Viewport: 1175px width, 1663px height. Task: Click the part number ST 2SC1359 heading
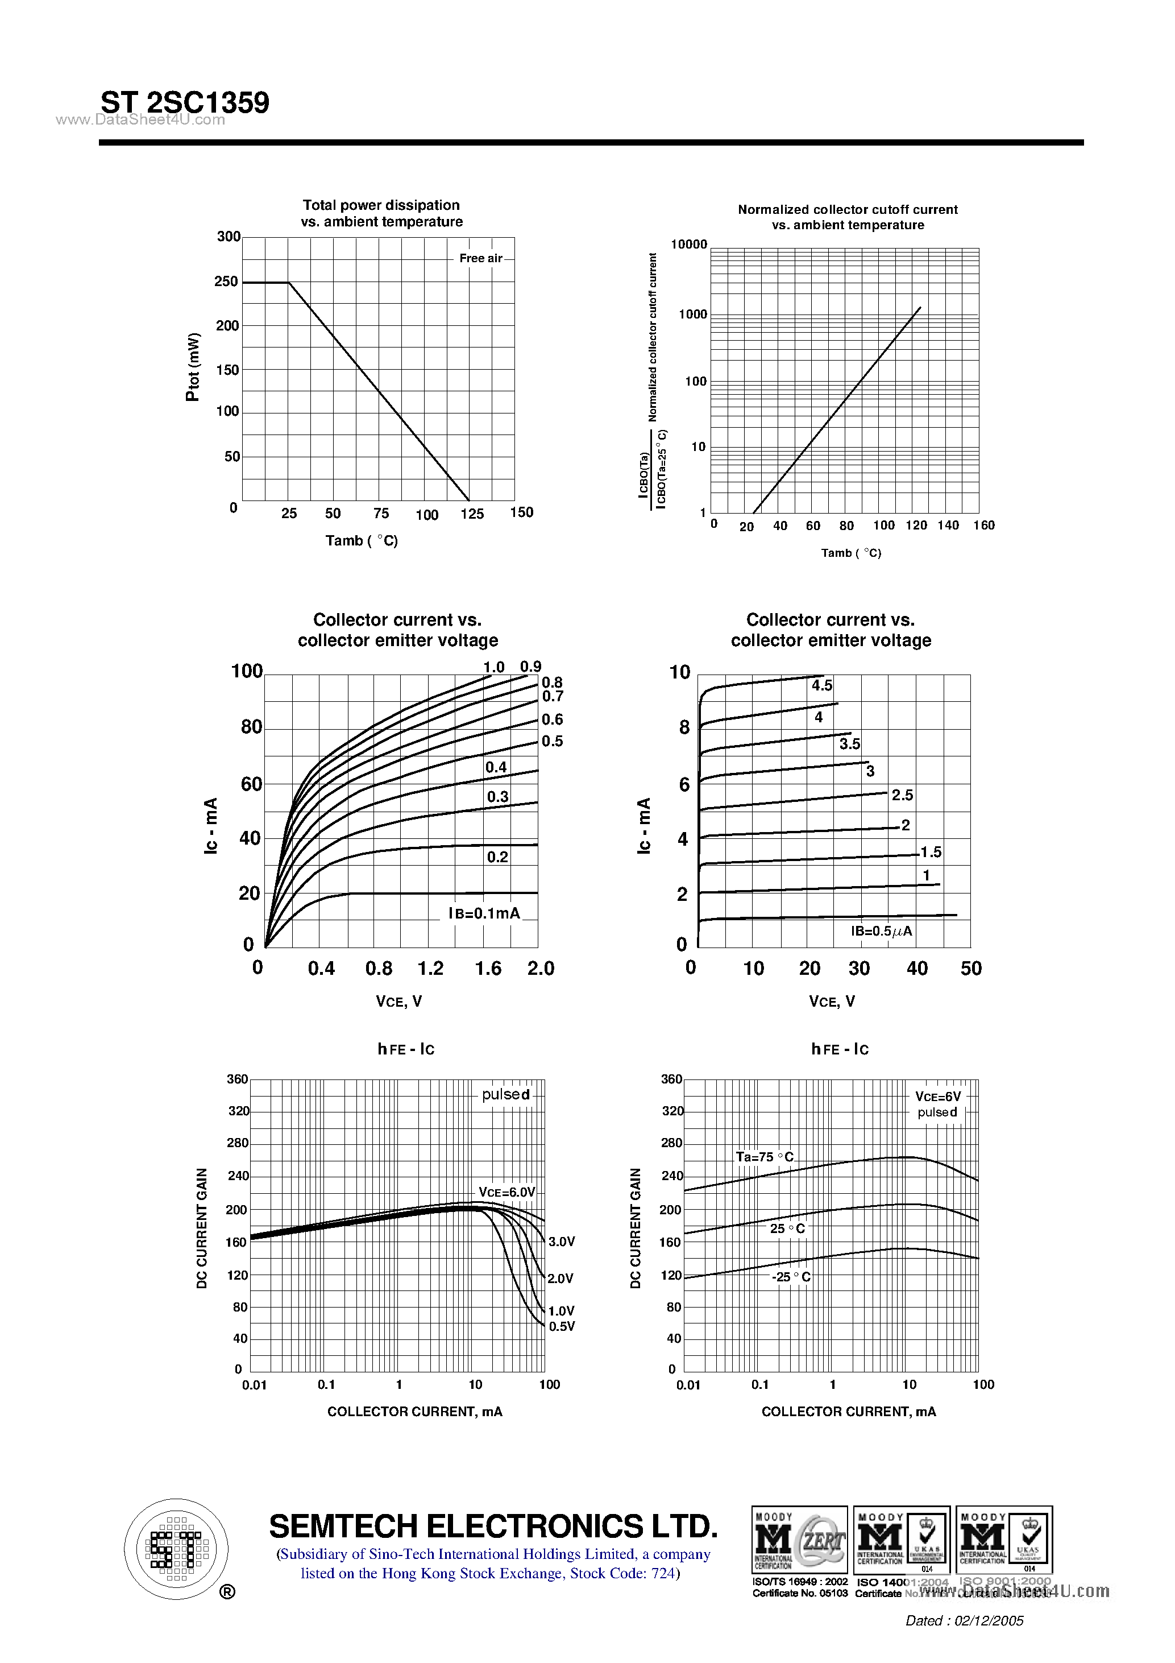tap(185, 102)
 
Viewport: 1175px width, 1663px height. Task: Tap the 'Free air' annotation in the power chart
tap(481, 259)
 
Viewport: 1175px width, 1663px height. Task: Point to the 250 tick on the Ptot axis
tap(226, 282)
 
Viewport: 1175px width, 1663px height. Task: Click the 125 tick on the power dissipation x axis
tap(472, 514)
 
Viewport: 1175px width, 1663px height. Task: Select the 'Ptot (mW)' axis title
tap(193, 367)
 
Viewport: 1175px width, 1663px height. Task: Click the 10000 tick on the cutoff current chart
tap(688, 245)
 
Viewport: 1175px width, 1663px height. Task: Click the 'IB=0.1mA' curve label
tap(484, 913)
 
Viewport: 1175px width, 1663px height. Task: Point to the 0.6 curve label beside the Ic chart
tap(553, 719)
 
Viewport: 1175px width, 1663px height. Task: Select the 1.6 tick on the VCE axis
tap(488, 969)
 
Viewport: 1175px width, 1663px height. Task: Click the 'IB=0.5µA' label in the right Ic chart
tap(881, 932)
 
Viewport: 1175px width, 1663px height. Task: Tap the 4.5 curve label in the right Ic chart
tap(821, 685)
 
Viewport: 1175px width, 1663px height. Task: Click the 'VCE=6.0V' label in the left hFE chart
tap(506, 1193)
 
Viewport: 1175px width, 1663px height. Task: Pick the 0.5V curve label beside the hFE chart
tap(562, 1326)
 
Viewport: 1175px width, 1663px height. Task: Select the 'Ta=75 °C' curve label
tap(765, 1157)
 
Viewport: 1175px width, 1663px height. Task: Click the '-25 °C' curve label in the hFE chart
tap(791, 1277)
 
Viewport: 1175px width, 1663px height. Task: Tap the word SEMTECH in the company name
tap(345, 1527)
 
